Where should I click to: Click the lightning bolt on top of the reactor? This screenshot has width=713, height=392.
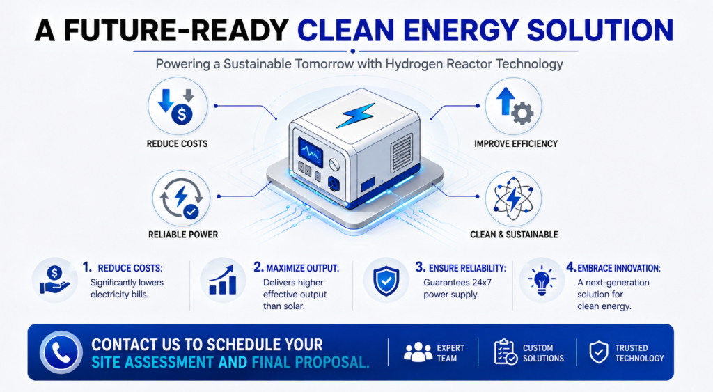356,115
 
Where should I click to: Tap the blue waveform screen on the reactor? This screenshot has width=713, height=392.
311,152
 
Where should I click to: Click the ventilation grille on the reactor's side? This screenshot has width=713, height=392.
402,152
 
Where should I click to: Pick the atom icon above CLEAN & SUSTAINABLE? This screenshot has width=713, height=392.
513,198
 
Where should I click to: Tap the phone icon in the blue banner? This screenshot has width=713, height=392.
61,352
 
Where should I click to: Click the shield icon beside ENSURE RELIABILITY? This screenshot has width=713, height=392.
386,281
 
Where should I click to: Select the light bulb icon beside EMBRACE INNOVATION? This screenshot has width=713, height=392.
541,281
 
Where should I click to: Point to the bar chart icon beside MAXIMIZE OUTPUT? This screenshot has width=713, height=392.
223,280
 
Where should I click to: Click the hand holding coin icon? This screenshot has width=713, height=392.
54,280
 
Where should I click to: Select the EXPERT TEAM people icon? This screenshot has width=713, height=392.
418,352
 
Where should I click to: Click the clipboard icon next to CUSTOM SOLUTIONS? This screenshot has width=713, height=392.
506,352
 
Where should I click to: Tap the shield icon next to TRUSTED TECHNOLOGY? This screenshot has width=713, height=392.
599,352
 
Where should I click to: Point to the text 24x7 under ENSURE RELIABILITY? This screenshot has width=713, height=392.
482,283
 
